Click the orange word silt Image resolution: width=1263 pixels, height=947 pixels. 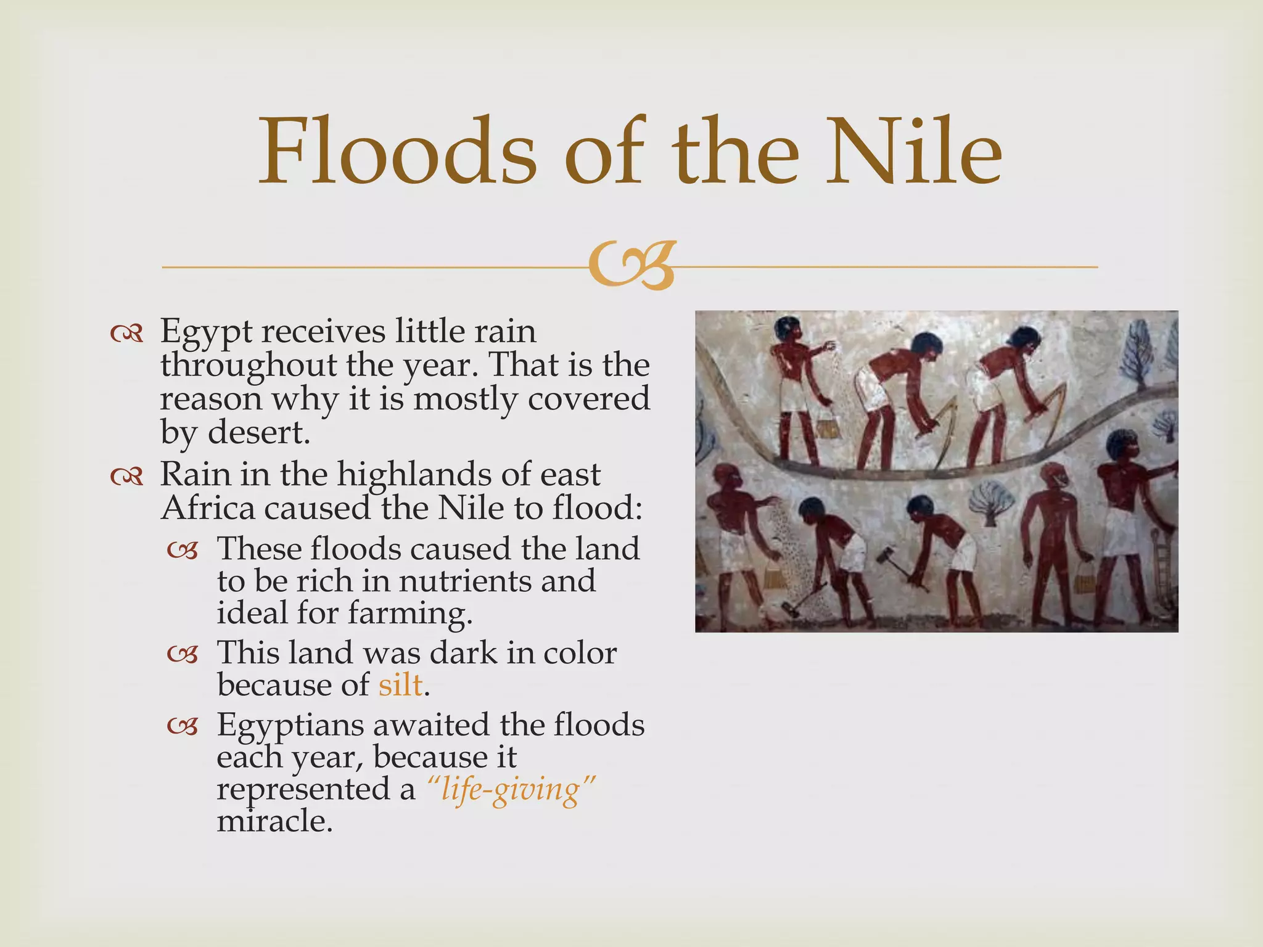click(x=401, y=685)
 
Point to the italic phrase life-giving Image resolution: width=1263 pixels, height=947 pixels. click(x=511, y=790)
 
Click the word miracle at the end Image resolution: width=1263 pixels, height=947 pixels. click(x=274, y=822)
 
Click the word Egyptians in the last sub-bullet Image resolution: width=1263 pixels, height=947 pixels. click(x=290, y=726)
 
